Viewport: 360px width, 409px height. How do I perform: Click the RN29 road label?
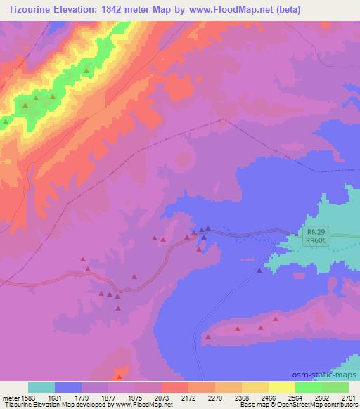316,231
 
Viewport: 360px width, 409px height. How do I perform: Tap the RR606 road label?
316,240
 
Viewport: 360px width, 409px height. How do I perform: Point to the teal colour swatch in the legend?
41,387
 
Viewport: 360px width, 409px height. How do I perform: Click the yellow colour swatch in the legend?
255,387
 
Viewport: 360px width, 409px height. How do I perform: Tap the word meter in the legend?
8,397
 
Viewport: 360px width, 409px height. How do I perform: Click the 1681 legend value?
55,397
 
